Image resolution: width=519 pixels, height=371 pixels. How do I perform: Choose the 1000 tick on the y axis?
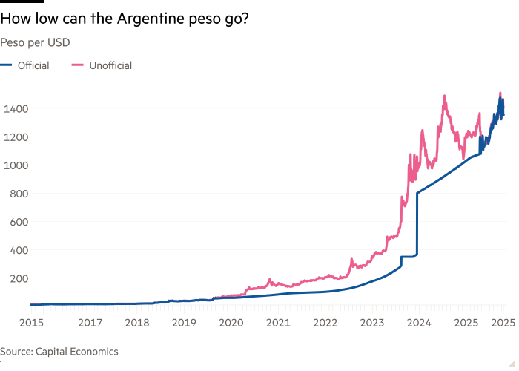15,165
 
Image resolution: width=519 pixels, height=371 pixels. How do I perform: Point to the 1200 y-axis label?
15,137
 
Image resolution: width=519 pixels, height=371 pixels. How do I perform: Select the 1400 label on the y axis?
15,108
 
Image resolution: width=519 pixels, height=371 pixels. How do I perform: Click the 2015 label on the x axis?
31,323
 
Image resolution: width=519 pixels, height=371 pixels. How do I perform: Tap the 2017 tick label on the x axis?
90,323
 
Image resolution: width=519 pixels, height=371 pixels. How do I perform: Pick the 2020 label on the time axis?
231,323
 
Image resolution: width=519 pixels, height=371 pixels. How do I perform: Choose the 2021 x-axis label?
278,323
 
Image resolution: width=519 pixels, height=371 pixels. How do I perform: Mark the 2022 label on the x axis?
325,323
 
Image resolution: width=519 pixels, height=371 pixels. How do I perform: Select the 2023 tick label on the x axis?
372,323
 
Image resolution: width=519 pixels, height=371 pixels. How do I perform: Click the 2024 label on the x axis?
420,323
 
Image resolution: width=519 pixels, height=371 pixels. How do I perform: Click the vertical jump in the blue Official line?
417,223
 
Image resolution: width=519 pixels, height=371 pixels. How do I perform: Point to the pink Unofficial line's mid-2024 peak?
444,96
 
